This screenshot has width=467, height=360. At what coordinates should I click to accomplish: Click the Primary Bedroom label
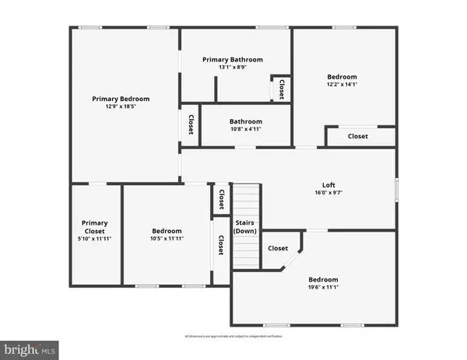pyautogui.click(x=121, y=99)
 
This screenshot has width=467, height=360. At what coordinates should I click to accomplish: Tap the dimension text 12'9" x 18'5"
pyautogui.click(x=121, y=107)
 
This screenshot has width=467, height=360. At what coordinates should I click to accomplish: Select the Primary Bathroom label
pyautogui.click(x=233, y=59)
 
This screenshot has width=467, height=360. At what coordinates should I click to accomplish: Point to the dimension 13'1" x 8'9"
pyautogui.click(x=233, y=68)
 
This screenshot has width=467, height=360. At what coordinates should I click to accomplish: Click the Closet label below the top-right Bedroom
pyautogui.click(x=358, y=136)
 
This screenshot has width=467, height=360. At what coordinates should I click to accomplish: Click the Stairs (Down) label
pyautogui.click(x=245, y=226)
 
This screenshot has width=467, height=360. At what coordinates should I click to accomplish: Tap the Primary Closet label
pyautogui.click(x=95, y=226)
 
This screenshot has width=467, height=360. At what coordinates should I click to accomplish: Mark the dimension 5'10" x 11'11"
pyautogui.click(x=95, y=239)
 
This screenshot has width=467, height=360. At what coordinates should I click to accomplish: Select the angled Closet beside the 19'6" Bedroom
pyautogui.click(x=278, y=249)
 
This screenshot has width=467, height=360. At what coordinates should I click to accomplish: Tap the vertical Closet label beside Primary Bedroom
pyautogui.click(x=191, y=125)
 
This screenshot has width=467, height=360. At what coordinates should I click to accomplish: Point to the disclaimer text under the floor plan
pyautogui.click(x=233, y=336)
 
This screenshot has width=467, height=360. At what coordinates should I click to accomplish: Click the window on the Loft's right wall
pyautogui.click(x=395, y=188)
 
